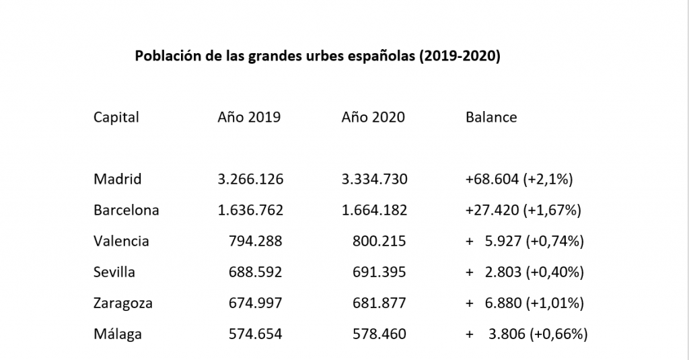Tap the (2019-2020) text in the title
tap(460, 56)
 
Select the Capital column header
tap(116, 117)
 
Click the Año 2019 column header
tap(249, 117)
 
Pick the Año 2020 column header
tap(373, 117)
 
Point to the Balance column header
tap(491, 117)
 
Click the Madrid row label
tap(118, 179)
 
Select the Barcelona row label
tap(126, 210)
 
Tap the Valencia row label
tap(121, 241)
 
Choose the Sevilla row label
tap(114, 272)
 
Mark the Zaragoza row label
tap(123, 303)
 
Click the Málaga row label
tap(118, 334)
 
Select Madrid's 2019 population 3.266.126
tap(251, 179)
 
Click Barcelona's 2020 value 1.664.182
tap(375, 210)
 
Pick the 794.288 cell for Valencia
tap(256, 241)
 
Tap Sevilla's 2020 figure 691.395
tap(380, 272)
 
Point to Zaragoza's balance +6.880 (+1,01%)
tap(524, 303)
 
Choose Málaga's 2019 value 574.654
tap(256, 334)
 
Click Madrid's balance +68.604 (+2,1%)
tap(519, 179)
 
